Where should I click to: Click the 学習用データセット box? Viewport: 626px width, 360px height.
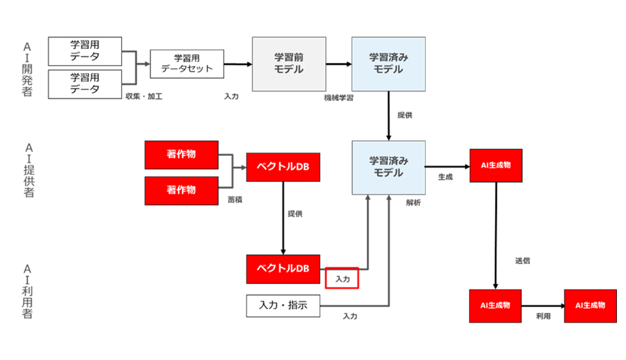coord(187,64)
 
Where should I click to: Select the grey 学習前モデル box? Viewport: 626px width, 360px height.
coord(289,64)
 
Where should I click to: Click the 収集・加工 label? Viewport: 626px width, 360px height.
coord(143,96)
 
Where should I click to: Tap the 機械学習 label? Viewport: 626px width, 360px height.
coord(338,98)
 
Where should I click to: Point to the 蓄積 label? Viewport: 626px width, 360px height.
coord(235,200)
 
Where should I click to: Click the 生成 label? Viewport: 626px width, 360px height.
coord(445,177)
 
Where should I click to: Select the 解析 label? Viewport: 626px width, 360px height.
coord(413,203)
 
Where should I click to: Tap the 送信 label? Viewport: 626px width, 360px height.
coord(522,261)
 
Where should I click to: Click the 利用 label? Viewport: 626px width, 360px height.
coord(543,316)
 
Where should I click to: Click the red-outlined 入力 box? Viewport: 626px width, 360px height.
coord(342,278)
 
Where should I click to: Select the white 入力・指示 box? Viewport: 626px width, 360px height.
coord(283,306)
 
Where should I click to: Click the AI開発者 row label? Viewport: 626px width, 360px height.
coord(27,69)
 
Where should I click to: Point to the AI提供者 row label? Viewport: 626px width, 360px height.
coord(29,170)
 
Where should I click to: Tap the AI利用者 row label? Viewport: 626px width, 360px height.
coord(27,292)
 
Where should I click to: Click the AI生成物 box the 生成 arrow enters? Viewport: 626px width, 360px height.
coord(496,166)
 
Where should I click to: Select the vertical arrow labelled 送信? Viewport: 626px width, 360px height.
coord(496,235)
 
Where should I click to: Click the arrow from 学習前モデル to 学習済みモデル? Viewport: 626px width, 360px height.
coord(339,64)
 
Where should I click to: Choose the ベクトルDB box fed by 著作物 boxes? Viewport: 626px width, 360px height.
coord(283,167)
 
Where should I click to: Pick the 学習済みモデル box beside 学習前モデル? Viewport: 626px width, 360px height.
coord(389,64)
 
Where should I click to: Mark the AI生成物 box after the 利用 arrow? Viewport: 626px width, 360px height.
coord(591,306)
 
